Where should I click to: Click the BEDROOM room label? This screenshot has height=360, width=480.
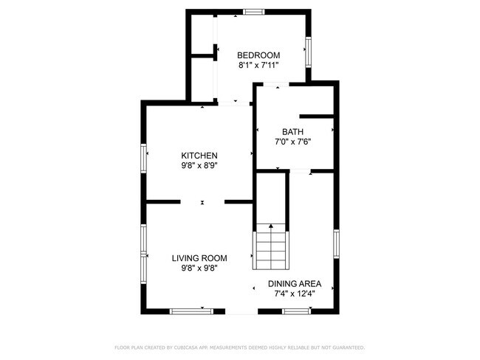click(258, 55)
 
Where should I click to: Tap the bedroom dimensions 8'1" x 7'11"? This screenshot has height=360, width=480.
click(258, 66)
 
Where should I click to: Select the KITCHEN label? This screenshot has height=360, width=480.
click(199, 156)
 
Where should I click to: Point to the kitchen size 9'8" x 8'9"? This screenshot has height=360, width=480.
click(199, 166)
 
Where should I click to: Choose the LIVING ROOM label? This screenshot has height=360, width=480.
click(199, 258)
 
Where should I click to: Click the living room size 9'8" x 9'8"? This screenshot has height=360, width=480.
click(199, 269)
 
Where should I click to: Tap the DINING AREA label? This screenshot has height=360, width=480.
click(294, 283)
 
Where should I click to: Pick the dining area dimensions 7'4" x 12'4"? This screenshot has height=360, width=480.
click(294, 294)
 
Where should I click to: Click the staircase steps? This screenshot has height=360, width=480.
click(271, 251)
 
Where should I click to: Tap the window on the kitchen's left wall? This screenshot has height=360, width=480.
click(143, 159)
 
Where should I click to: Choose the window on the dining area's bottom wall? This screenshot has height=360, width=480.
click(295, 311)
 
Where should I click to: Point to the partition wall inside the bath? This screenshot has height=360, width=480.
click(315, 116)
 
